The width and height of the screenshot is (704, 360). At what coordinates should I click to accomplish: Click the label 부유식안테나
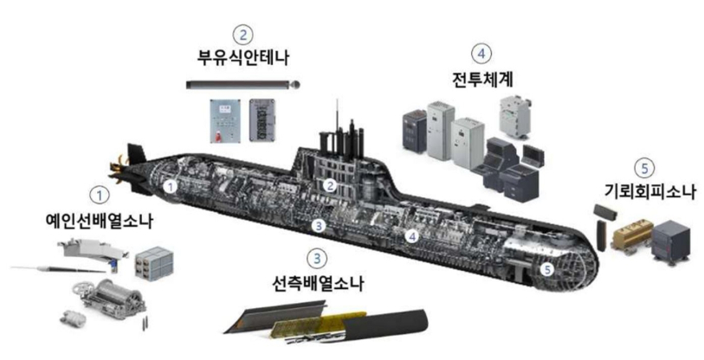tap(243, 57)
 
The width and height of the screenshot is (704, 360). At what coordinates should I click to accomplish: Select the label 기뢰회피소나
tap(649, 191)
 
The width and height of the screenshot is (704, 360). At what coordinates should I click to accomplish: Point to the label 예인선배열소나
tap(100, 221)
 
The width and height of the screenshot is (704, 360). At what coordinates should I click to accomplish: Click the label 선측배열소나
tap(318, 284)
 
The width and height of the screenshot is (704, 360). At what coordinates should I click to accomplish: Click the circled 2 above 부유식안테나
tap(243, 35)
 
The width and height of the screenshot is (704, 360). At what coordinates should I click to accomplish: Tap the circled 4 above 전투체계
tap(481, 54)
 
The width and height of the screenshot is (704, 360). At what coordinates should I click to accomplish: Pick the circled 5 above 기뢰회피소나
tap(645, 169)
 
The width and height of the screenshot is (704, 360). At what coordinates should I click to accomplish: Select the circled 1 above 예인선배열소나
tap(100, 196)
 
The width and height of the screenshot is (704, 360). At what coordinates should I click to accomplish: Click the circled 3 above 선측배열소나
tap(318, 259)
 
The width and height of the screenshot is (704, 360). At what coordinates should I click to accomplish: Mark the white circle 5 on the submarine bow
tap(547, 269)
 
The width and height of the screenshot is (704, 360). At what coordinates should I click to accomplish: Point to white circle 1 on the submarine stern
tap(170, 185)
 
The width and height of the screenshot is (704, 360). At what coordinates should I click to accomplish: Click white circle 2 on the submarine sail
tap(331, 185)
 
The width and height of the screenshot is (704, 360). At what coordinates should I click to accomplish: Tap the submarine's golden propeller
tap(120, 170)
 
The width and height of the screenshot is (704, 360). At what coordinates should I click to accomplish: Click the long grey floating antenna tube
tap(243, 85)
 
